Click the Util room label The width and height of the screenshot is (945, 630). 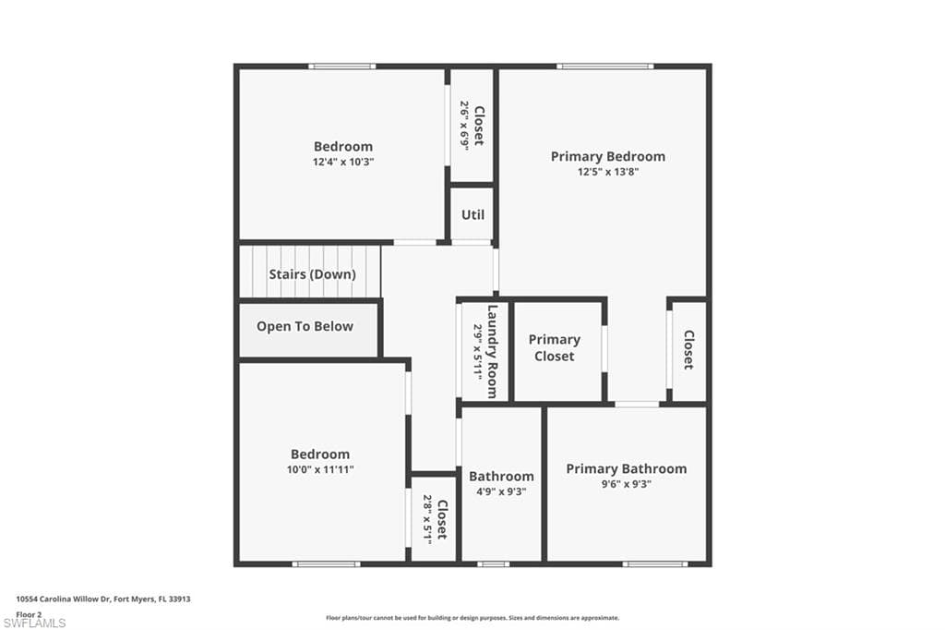(472, 214)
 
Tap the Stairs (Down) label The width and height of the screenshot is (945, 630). (312, 274)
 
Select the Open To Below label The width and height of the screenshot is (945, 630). (305, 326)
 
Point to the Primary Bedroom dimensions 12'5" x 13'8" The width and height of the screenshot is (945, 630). (608, 172)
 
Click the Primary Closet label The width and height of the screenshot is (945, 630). (555, 348)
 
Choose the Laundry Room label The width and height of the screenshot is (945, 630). (493, 352)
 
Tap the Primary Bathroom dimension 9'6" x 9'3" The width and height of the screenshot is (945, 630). (627, 484)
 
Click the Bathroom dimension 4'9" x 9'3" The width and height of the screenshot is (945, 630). (501, 491)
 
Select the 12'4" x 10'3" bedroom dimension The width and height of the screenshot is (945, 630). (343, 162)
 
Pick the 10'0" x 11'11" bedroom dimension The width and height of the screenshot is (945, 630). (320, 469)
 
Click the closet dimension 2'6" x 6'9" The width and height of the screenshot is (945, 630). (465, 126)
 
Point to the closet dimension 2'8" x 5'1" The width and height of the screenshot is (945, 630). (427, 519)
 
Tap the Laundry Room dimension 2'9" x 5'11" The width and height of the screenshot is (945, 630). (477, 352)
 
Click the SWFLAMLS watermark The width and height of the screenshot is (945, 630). (34, 623)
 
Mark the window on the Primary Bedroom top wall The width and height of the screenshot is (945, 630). (605, 67)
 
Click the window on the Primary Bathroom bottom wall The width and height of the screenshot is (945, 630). (655, 564)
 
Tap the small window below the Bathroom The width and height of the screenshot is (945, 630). (494, 564)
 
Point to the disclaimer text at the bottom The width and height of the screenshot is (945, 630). (472, 618)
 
